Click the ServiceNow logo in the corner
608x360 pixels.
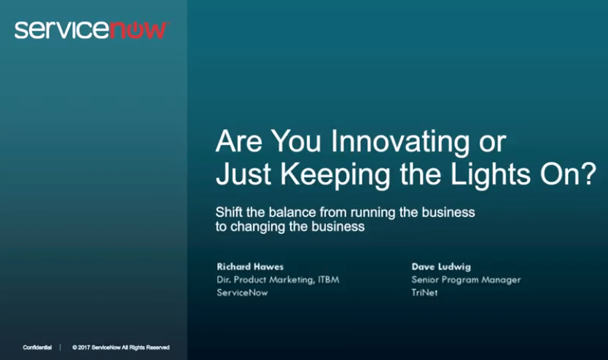point(91,30)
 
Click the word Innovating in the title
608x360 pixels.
point(400,142)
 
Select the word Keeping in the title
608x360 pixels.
point(335,175)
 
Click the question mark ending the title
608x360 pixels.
point(588,173)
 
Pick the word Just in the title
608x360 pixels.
point(243,174)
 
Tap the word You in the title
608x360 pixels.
point(296,141)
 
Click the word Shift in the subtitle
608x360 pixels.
point(229,212)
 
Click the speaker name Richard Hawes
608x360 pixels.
point(250,267)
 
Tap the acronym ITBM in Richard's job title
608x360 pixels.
point(329,280)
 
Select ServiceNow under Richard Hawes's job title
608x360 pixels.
point(242,292)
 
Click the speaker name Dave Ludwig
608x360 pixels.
point(441,267)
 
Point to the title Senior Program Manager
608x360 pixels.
point(466,280)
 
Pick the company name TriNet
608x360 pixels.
point(424,292)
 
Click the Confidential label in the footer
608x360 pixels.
point(37,348)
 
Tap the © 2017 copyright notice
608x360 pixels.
point(121,348)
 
